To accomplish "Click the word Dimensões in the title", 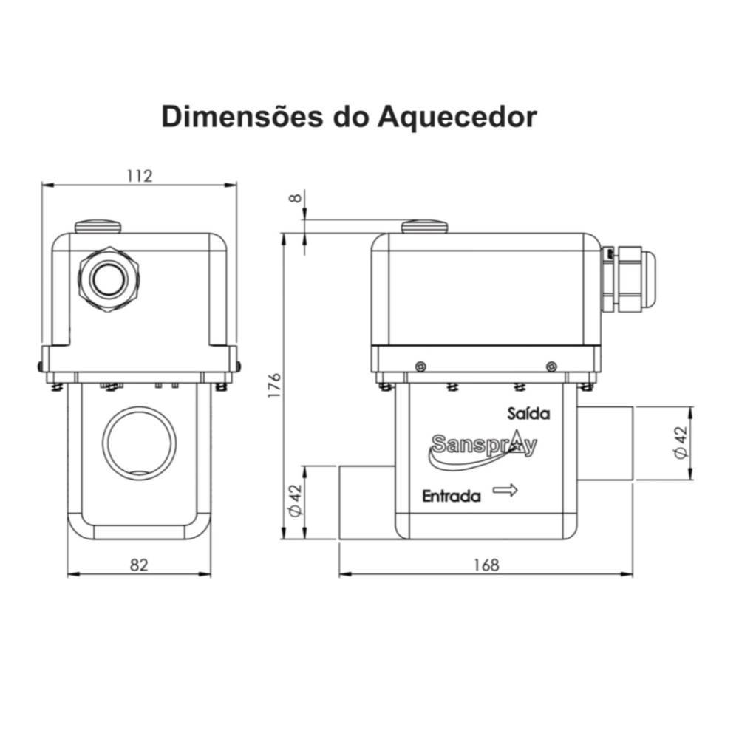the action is click(x=242, y=116).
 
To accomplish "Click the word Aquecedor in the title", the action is click(x=457, y=117).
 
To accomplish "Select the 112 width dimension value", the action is click(x=140, y=176).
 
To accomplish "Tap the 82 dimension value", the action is click(x=139, y=565).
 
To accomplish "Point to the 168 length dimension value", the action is click(x=486, y=565).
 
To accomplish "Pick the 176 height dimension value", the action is click(x=274, y=385).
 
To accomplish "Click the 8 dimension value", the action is click(x=295, y=198).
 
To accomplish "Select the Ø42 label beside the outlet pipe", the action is click(x=681, y=442).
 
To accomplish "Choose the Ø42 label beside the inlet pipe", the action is click(x=296, y=500).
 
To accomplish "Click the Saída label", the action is click(x=528, y=413).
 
